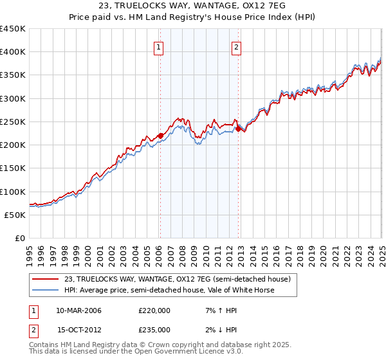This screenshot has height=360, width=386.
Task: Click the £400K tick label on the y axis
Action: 13,52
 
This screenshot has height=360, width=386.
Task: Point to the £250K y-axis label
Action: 13,122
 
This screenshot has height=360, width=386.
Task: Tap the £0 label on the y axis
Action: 20,238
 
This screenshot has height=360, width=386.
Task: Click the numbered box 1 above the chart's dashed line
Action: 159,47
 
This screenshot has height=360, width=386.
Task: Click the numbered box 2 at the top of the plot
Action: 237,47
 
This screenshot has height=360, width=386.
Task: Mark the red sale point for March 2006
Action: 160,136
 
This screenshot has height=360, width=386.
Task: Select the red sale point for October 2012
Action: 238,129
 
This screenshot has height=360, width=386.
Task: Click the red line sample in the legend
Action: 46,279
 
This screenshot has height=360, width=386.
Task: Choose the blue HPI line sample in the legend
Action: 46,290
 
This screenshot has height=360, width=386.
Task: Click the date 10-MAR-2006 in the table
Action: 79,310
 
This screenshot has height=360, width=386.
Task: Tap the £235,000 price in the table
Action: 154,330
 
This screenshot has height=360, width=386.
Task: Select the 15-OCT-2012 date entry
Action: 79,330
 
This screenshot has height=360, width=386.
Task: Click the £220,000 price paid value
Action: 154,310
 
